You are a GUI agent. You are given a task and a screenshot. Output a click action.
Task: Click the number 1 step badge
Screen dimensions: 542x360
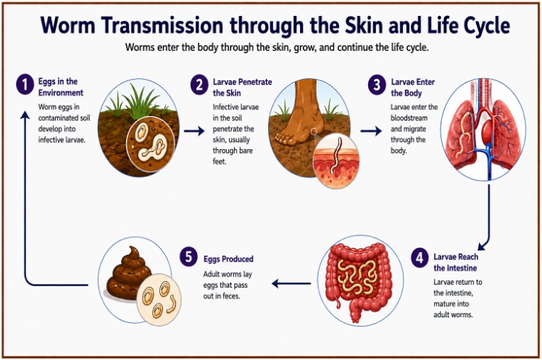coord(25,85)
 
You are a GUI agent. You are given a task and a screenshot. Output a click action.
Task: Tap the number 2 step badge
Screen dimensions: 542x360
coord(199,85)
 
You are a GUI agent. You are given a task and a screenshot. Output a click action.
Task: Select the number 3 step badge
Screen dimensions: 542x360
coord(377,85)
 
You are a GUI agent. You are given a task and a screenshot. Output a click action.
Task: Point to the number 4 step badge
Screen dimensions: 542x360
coord(420,258)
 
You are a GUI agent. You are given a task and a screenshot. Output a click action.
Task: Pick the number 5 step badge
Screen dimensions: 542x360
coord(188,257)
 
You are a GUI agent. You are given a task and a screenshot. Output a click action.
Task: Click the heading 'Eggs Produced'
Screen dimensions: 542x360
coord(228,259)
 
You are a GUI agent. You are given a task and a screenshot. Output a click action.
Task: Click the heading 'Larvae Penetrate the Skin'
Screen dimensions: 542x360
coord(242,88)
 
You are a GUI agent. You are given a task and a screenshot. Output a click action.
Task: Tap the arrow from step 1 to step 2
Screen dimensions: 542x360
coord(194,131)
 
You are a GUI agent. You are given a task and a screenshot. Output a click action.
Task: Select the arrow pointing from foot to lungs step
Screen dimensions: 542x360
coord(371,131)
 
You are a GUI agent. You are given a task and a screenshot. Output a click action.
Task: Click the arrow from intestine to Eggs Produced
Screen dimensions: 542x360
coord(291,284)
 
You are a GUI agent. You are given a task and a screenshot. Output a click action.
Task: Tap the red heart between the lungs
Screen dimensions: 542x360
coord(488,131)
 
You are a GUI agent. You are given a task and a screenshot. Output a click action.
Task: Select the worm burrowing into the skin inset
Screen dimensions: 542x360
coord(335,156)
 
